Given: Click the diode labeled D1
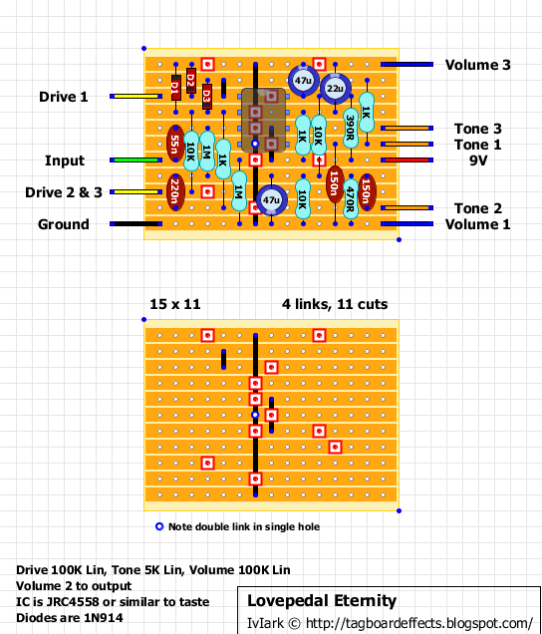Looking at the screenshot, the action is [x=175, y=88].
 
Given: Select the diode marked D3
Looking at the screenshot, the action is [x=207, y=97].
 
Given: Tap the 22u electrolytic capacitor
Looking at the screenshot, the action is [x=335, y=88].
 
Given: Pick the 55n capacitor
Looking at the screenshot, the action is [x=175, y=144].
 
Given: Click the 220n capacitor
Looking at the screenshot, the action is [x=175, y=191].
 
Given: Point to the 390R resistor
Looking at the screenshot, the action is [x=351, y=128].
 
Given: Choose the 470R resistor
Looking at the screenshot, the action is [x=351, y=199].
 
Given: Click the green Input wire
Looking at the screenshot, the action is [x=135, y=160].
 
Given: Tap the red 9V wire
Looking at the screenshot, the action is [x=407, y=160].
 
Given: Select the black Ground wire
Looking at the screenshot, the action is [x=135, y=223].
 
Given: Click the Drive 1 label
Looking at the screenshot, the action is [x=64, y=97].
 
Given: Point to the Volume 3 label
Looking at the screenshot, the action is [x=477, y=65].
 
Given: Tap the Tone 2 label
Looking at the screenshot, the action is [x=477, y=208].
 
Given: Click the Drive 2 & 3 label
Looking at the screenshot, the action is [x=64, y=192].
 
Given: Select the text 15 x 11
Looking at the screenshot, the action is [x=175, y=304].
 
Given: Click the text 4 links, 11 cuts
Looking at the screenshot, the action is [x=335, y=304].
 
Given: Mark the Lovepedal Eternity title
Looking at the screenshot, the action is [x=322, y=600].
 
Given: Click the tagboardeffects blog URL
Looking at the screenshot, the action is [x=418, y=623].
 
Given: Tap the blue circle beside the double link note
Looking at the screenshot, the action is [x=159, y=526].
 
